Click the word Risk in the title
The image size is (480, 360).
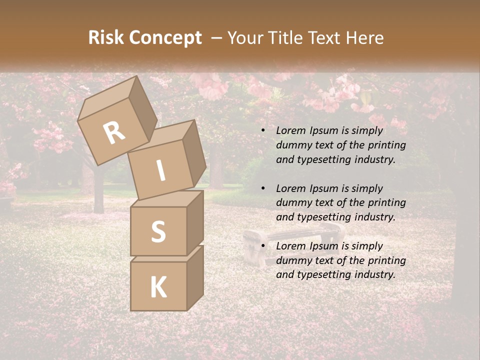tap(106, 38)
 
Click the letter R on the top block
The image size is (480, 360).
tap(114, 132)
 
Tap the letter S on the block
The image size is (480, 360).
tap(158, 231)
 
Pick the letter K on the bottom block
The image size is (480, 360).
tap(158, 287)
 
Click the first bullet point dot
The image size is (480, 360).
tap(263, 131)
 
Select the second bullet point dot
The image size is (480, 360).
tap(263, 189)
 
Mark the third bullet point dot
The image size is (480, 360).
tap(263, 246)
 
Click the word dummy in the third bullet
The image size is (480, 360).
tap(293, 260)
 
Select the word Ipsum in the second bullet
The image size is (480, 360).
tap(323, 188)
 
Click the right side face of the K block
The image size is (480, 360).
tap(195, 277)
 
